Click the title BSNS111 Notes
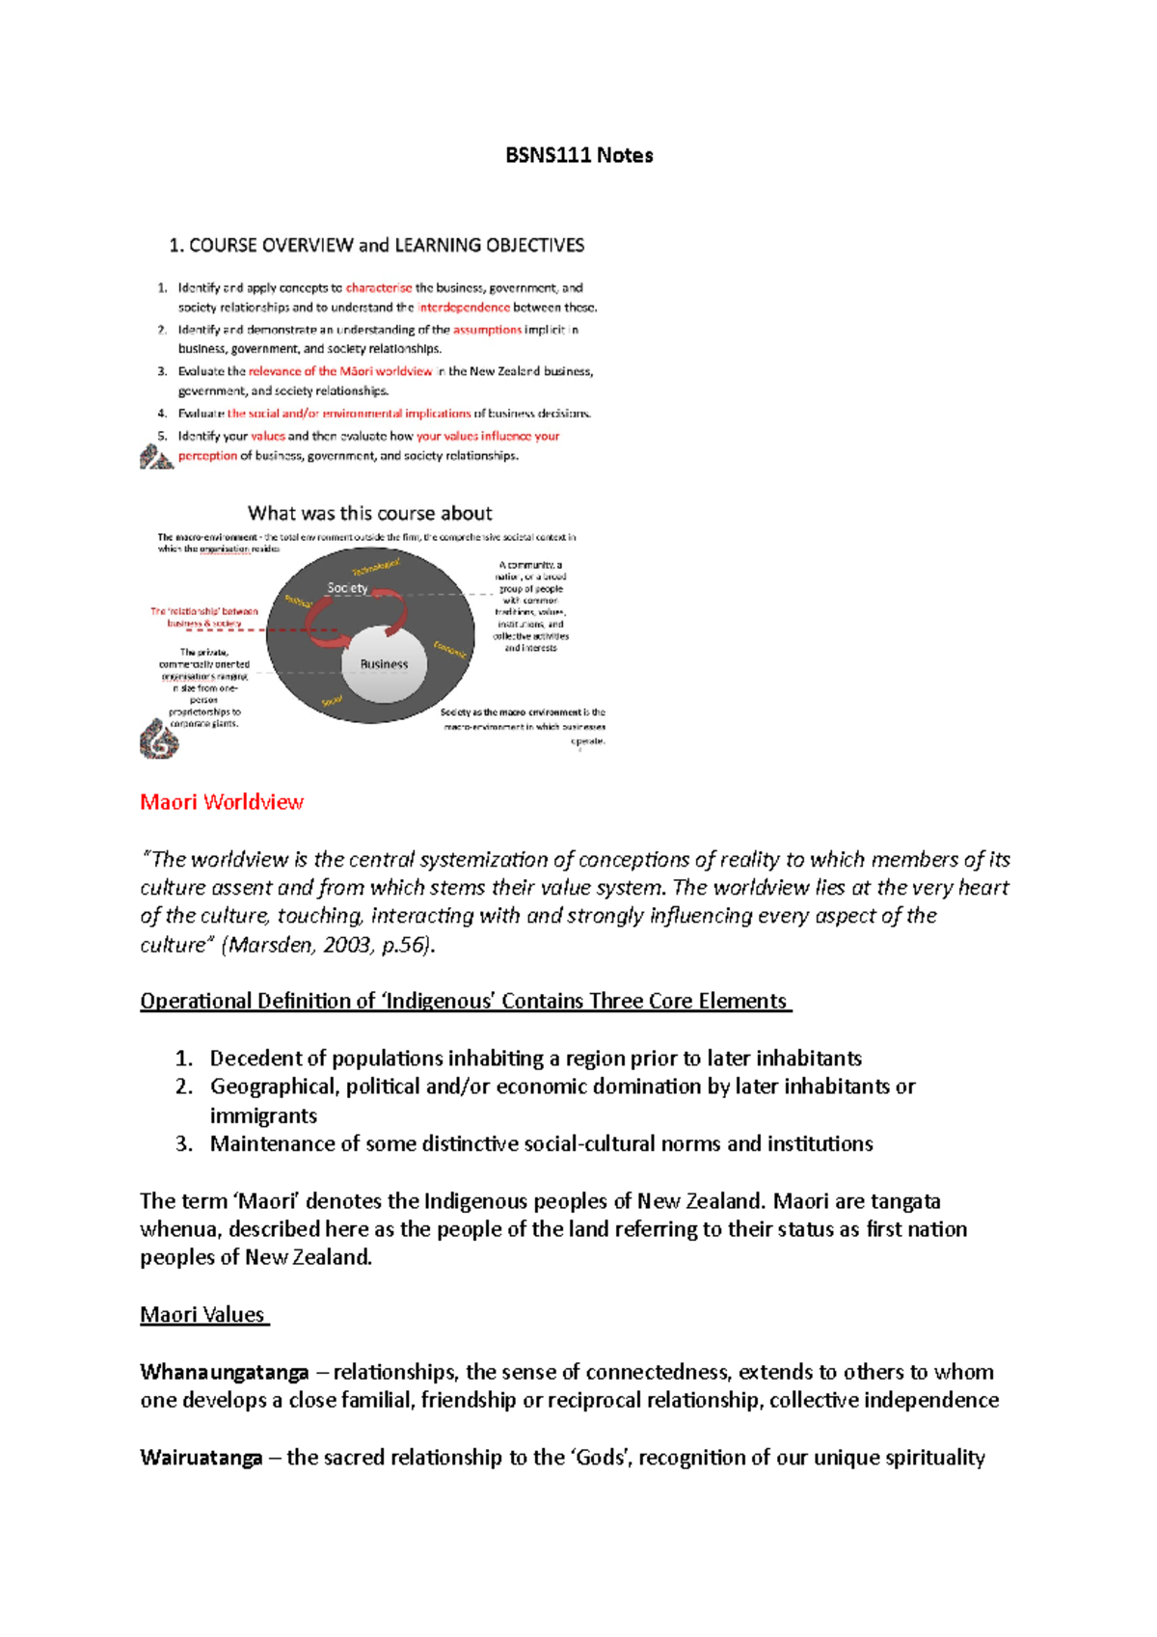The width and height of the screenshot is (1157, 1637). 578,155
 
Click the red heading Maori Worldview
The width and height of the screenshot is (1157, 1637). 222,802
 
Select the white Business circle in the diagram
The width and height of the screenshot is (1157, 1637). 384,664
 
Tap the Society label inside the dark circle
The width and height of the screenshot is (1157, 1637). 347,588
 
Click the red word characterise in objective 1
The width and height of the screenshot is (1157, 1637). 378,287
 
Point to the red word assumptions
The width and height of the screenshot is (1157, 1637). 487,330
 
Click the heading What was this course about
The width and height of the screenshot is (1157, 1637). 369,513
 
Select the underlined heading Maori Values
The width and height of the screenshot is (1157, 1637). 202,1314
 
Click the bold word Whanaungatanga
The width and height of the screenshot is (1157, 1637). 224,1372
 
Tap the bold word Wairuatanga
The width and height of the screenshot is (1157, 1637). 201,1458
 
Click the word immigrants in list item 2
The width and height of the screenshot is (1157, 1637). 263,1115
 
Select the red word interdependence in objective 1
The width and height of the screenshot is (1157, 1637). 463,308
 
